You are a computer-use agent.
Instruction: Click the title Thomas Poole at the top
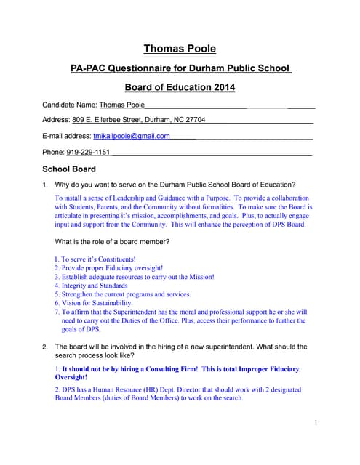(180, 49)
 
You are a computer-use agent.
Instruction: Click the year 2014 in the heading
(220, 88)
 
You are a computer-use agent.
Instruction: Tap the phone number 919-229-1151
(88, 152)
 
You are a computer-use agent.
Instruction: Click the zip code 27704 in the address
(193, 120)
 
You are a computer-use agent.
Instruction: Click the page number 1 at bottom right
(316, 422)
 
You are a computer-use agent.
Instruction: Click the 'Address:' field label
(56, 120)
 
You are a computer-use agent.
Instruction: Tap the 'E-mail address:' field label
(67, 136)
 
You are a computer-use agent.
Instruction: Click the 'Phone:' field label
(53, 152)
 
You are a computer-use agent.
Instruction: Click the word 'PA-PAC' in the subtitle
(92, 68)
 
